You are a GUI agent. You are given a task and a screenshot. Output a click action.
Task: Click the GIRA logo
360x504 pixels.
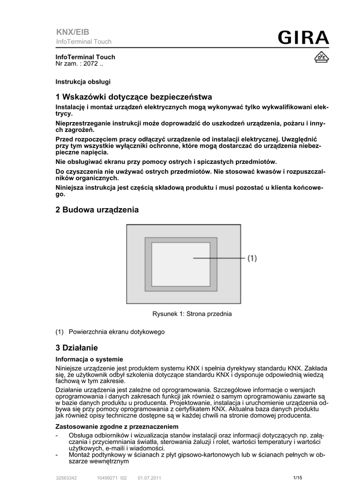click(302, 38)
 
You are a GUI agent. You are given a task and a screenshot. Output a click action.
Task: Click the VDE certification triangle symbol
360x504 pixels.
click(321, 58)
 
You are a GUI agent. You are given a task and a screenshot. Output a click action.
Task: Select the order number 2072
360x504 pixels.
click(91, 64)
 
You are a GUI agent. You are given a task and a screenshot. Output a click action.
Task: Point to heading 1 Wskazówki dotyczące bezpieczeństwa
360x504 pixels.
click(133, 97)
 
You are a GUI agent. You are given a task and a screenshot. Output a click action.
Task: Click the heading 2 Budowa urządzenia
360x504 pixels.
click(97, 210)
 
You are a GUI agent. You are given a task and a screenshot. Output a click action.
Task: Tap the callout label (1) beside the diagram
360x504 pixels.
click(252, 258)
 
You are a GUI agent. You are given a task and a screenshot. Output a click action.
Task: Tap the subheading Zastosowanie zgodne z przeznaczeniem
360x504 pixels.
click(117, 426)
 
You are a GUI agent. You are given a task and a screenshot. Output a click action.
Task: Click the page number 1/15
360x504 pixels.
click(297, 477)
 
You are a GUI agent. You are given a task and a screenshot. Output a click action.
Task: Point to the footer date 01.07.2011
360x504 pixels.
click(149, 478)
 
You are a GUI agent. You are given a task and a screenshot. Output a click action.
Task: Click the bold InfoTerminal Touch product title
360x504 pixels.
click(85, 57)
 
